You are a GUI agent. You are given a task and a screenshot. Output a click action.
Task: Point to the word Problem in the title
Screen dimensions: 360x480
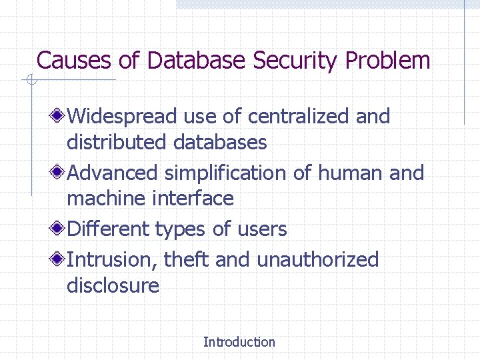[388, 61]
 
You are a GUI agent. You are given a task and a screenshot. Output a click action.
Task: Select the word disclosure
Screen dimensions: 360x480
[113, 285]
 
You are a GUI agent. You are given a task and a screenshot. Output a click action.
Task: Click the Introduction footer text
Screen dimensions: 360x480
[239, 342]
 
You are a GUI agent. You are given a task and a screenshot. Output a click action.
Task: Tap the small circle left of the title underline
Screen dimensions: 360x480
[30, 81]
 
